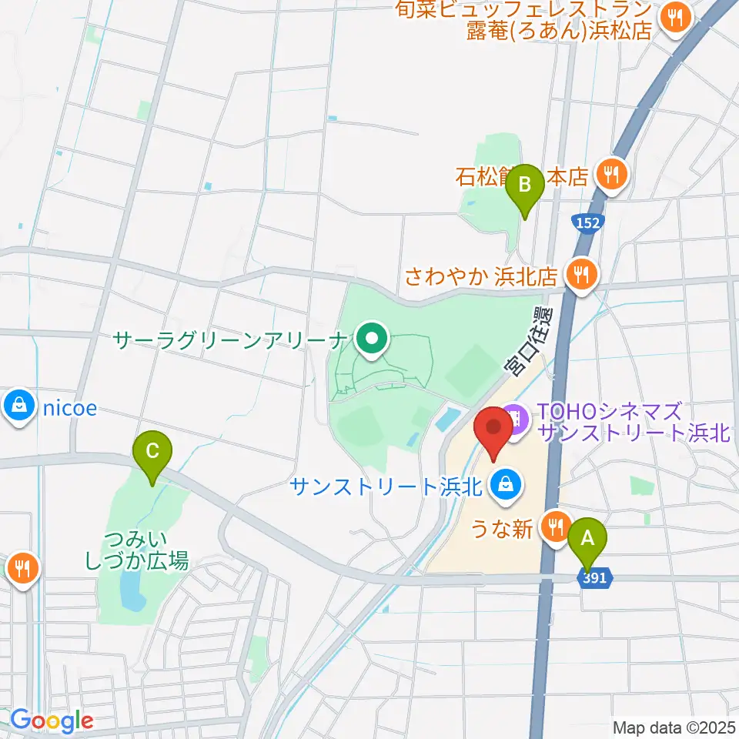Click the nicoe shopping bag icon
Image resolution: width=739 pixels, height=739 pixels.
pyautogui.click(x=17, y=408)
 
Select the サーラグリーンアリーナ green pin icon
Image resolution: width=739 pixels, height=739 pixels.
pyautogui.click(x=373, y=338)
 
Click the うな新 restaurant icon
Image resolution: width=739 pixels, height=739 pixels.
pyautogui.click(x=554, y=528)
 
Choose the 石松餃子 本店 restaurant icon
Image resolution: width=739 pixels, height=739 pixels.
pyautogui.click(x=611, y=176)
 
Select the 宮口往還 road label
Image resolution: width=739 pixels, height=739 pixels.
pyautogui.click(x=530, y=340)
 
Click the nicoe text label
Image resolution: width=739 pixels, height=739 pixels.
pyautogui.click(x=69, y=408)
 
